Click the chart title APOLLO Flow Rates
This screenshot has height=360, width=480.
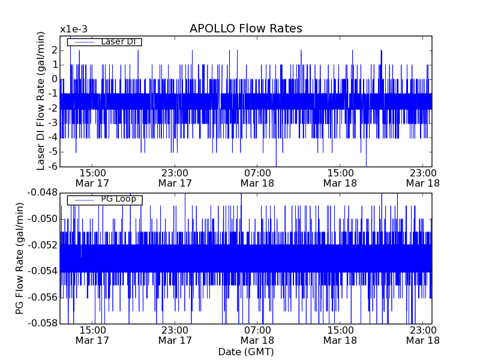pyautogui.click(x=245, y=29)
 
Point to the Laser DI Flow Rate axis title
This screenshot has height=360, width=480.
pyautogui.click(x=41, y=101)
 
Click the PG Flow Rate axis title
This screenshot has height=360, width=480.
pyautogui.click(x=20, y=258)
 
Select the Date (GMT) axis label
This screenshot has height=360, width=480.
pyautogui.click(x=245, y=352)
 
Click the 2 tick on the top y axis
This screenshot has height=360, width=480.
pyautogui.click(x=53, y=50)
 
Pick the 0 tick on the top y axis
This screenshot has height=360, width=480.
pyautogui.click(x=53, y=79)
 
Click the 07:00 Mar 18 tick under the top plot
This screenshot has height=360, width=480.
pyautogui.click(x=257, y=178)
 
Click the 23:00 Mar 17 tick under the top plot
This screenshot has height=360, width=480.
pyautogui.click(x=175, y=178)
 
